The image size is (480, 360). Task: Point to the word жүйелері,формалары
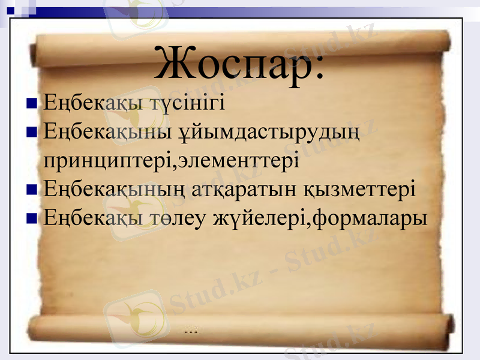321,218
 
